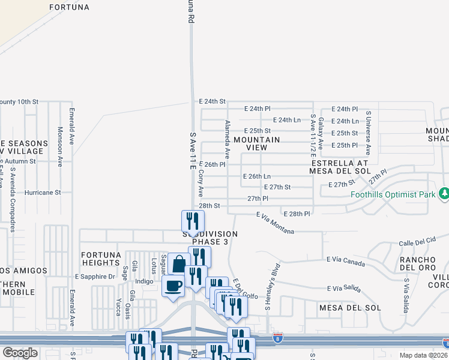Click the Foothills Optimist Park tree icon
click(x=444, y=193)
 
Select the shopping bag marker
click(x=179, y=263)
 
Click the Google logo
click(x=20, y=353)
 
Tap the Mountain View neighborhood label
click(x=256, y=143)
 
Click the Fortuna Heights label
click(x=101, y=258)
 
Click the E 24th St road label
click(x=212, y=101)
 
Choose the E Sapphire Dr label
click(x=95, y=277)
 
